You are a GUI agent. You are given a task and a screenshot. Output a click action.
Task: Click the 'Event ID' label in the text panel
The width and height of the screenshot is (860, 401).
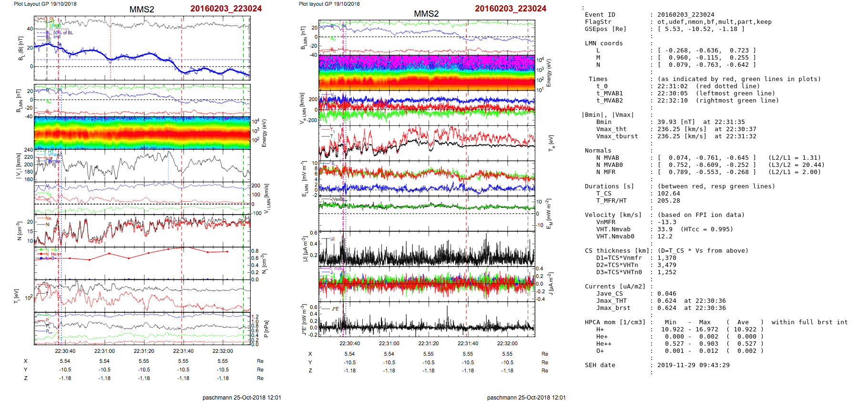600,15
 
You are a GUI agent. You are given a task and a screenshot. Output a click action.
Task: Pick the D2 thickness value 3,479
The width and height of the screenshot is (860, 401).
666,265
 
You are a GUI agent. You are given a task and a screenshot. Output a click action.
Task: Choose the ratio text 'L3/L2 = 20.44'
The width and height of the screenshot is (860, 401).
796,165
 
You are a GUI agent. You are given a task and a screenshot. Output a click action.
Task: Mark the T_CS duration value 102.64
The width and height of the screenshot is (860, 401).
668,194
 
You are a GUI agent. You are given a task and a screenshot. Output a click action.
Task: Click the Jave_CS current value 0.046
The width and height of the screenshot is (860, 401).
666,294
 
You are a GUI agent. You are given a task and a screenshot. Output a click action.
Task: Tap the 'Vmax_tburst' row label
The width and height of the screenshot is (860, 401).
617,136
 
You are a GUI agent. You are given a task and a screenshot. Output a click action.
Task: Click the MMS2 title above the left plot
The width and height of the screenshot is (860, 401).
142,10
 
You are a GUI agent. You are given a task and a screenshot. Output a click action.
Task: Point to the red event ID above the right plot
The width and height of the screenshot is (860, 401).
510,9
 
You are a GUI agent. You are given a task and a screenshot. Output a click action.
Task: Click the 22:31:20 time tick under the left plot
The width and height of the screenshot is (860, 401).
144,351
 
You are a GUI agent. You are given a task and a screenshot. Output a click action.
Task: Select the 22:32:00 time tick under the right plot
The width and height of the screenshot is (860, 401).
507,343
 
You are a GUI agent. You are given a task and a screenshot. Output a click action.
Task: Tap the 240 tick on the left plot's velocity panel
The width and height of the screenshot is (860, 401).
29,150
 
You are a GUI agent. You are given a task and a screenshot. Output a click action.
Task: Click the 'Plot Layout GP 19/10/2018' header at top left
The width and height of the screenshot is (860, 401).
45,4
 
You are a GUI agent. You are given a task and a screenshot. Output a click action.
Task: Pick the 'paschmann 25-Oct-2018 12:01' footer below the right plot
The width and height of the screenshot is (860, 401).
526,397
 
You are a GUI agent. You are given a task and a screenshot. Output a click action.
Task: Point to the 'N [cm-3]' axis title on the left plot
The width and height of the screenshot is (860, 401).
19,231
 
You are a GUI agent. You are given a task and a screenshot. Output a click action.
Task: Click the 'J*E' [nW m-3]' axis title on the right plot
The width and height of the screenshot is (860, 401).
303,319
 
